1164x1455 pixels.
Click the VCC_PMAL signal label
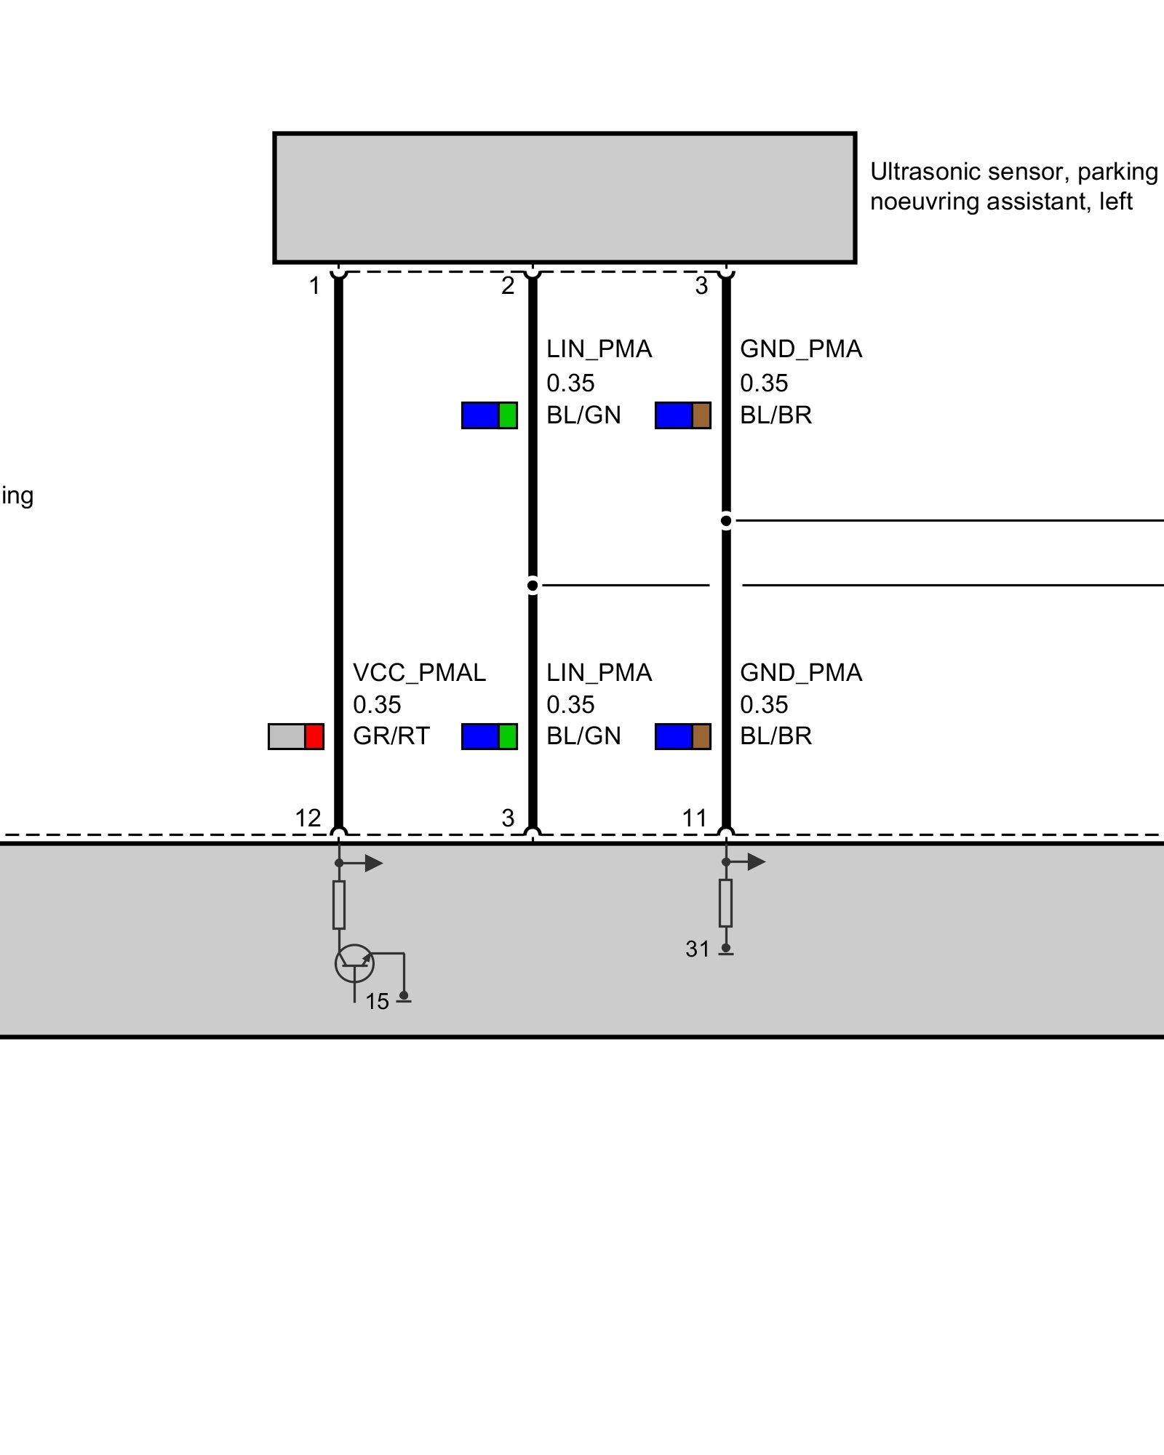419,673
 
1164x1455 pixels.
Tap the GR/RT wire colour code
391,736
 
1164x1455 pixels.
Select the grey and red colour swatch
296,736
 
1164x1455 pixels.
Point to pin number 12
308,818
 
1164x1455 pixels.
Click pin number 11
694,818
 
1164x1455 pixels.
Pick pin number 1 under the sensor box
314,286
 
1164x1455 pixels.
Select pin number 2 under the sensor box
508,286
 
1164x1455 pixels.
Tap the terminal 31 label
697,949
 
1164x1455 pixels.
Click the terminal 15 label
377,1002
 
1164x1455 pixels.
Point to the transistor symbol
354,963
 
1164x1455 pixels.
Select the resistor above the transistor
339,905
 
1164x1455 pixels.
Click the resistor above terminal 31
725,903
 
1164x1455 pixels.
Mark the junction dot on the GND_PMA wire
726,521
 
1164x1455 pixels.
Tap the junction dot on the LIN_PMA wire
533,585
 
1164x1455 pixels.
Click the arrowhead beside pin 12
374,864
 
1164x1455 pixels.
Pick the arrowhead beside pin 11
757,862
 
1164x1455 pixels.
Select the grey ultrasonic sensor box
565,197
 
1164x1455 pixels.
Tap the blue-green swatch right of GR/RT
490,736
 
